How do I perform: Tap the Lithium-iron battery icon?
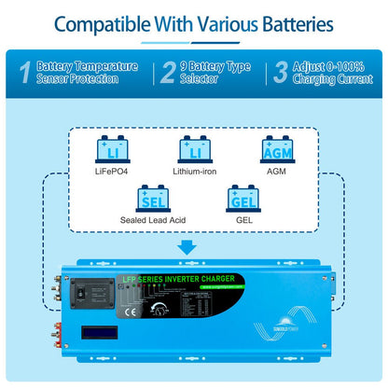[x=195, y=151]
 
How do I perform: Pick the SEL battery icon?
[x=152, y=197]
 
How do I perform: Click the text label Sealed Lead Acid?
[x=151, y=220]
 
